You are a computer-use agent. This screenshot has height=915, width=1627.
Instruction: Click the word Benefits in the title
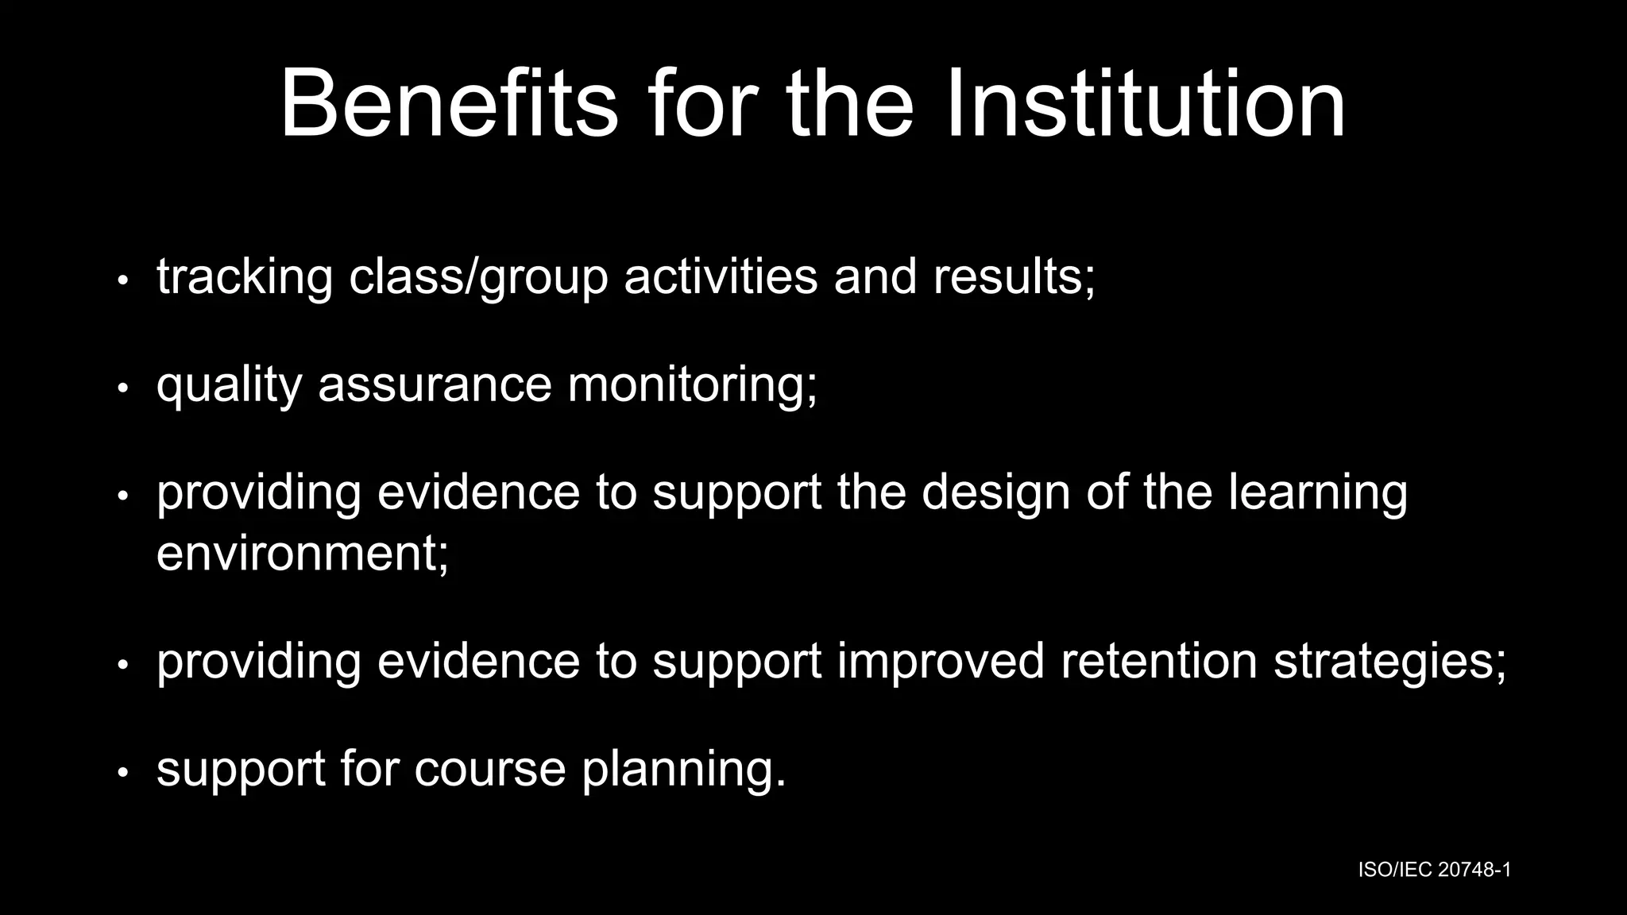click(x=449, y=104)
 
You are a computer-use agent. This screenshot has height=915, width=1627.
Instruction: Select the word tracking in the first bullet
click(x=244, y=277)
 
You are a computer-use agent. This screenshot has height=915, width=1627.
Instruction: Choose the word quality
click(x=230, y=384)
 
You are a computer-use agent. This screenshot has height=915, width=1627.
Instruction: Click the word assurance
click(x=435, y=384)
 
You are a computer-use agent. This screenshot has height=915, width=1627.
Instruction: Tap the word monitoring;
click(x=692, y=384)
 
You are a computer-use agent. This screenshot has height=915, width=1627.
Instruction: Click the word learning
click(x=1318, y=492)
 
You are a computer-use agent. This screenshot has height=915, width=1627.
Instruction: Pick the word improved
click(x=941, y=661)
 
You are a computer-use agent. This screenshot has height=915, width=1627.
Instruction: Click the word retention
click(x=1159, y=661)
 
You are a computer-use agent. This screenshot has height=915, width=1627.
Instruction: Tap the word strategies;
click(x=1389, y=662)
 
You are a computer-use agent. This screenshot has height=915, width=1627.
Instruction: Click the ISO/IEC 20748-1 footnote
click(x=1434, y=870)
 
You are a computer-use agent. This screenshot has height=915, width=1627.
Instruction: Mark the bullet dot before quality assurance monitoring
click(x=122, y=388)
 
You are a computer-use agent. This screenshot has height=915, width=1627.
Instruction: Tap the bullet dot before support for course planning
click(x=122, y=773)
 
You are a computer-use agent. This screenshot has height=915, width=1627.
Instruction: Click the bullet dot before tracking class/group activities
click(x=122, y=280)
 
